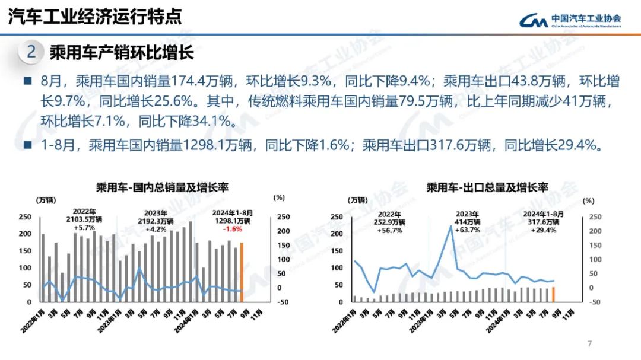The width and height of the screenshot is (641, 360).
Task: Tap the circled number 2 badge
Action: (31, 52)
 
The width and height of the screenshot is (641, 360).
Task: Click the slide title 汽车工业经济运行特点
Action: (94, 16)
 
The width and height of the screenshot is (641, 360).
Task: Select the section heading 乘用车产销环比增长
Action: (122, 53)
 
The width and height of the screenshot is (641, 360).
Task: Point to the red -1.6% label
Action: (232, 228)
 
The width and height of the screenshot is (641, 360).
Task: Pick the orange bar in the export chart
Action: (553, 294)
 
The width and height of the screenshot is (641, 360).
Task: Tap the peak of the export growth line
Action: (452, 226)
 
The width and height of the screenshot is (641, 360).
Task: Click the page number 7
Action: (589, 344)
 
